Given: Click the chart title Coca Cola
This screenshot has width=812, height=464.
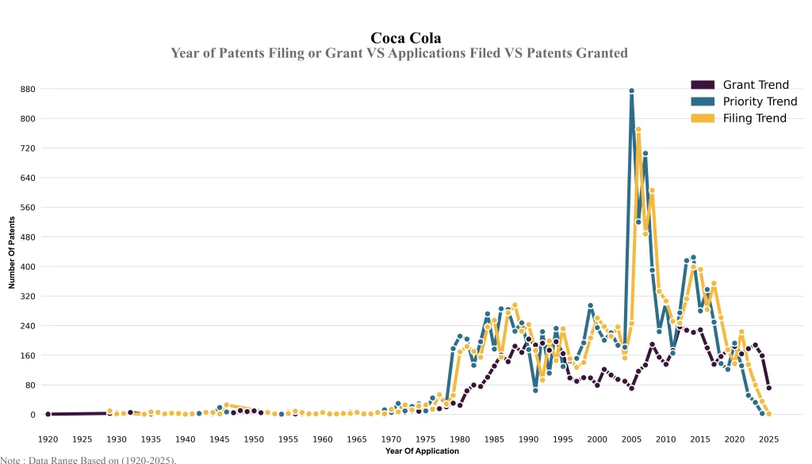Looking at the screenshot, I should [405, 38].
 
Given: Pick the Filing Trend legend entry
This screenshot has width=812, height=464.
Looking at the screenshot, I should [754, 118].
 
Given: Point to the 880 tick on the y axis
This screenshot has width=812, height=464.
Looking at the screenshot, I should [28, 89].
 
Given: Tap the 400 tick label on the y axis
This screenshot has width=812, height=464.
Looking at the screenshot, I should [28, 267].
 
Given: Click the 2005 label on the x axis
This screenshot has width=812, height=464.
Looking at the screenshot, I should [632, 439].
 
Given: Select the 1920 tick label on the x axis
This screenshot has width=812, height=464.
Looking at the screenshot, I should [48, 439].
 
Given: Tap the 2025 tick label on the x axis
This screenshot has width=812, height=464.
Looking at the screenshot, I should [769, 439].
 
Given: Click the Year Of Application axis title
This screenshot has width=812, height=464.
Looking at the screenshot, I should [422, 451].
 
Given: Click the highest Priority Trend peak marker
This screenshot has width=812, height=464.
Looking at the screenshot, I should [632, 91].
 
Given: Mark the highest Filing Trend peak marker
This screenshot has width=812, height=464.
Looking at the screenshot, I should [638, 129].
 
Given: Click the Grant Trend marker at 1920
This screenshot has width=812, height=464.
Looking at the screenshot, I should [48, 414].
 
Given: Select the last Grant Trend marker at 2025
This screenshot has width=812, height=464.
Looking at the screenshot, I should [769, 388].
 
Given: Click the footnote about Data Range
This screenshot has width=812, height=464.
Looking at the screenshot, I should [88, 459].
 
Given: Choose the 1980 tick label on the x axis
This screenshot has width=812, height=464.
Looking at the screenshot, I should [460, 439].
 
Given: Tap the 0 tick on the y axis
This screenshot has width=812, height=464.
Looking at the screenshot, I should [33, 415].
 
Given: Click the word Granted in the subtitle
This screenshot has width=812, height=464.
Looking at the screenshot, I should [597, 53].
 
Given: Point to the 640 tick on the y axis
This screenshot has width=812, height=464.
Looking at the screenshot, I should [28, 178].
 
